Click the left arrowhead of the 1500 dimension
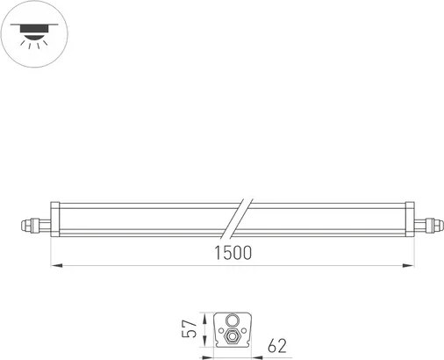pos(54,264)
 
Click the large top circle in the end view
pos(233,320)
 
